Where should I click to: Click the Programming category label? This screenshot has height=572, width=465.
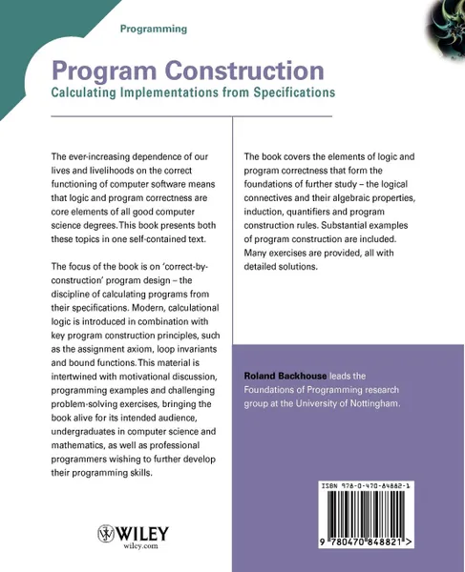pos(153,30)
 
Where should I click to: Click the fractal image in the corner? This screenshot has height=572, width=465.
pos(442,23)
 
